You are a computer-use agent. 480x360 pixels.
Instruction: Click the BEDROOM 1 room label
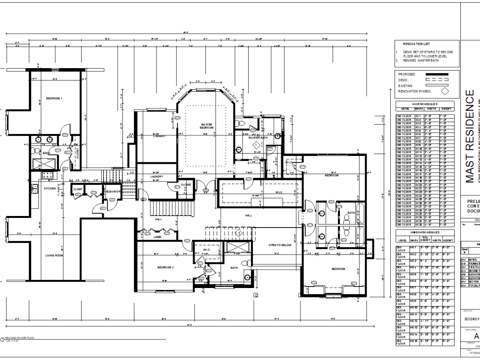(x=54, y=98)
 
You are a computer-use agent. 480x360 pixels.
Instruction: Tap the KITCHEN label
(x=50, y=189)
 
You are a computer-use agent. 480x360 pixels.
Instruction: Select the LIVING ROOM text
(x=54, y=255)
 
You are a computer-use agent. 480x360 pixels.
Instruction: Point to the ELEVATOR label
(x=113, y=192)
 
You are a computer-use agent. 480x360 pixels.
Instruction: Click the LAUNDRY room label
(x=156, y=177)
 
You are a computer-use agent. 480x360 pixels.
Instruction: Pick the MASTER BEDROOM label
(x=206, y=126)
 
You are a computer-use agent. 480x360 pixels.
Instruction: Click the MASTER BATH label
(x=258, y=138)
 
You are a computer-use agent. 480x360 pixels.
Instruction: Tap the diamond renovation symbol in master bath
(x=256, y=144)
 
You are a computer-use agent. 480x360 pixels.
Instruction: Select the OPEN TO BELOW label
(x=280, y=245)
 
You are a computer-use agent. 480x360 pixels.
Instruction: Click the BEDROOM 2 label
(x=165, y=267)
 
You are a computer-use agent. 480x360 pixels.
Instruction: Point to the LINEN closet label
(x=157, y=237)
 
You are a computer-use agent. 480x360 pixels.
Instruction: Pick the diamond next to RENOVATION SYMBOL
(x=444, y=91)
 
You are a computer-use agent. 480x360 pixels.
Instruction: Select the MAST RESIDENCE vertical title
(x=470, y=137)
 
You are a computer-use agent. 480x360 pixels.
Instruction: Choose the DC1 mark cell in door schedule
(x=418, y=116)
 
